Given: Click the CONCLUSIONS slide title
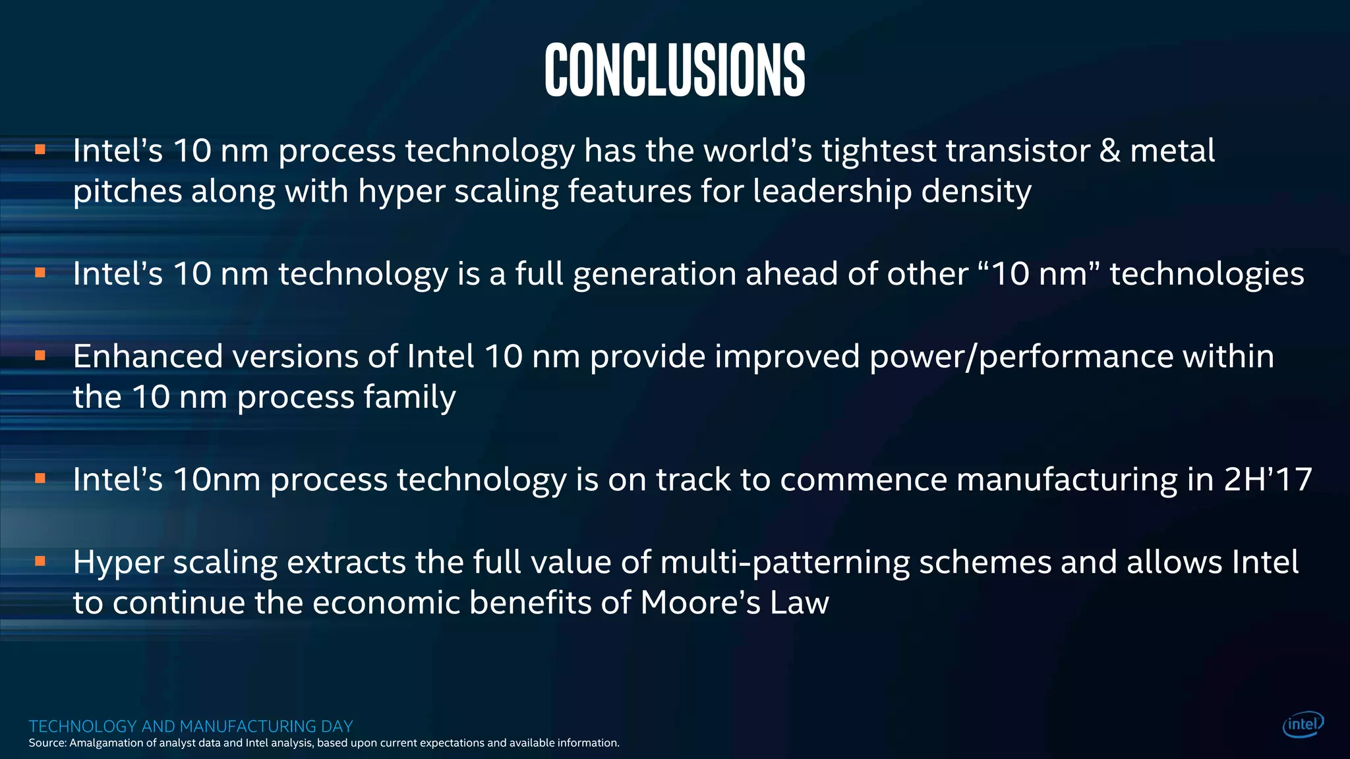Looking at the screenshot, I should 674,70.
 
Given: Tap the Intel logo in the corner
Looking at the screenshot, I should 1303,725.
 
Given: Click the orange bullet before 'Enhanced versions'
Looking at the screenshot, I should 40,356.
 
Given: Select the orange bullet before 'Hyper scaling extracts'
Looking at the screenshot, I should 40,561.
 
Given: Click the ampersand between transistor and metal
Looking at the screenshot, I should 1109,151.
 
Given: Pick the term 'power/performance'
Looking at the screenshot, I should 1021,357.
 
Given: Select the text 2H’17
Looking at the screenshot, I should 1268,479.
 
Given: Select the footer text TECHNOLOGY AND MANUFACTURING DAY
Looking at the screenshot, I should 191,726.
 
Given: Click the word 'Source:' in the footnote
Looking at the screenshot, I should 47,743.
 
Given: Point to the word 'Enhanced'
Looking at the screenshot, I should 148,356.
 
